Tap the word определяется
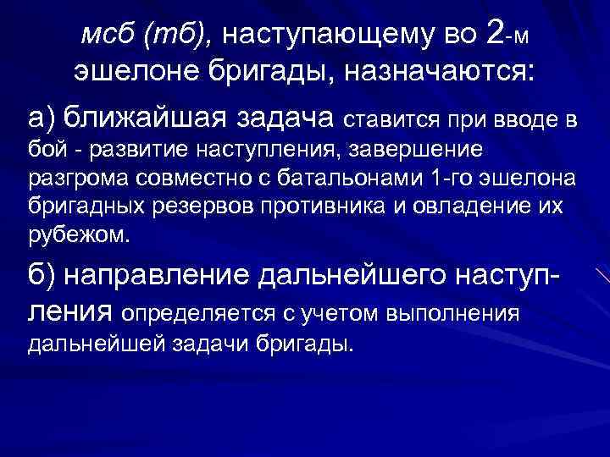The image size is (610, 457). pyautogui.click(x=197, y=315)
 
